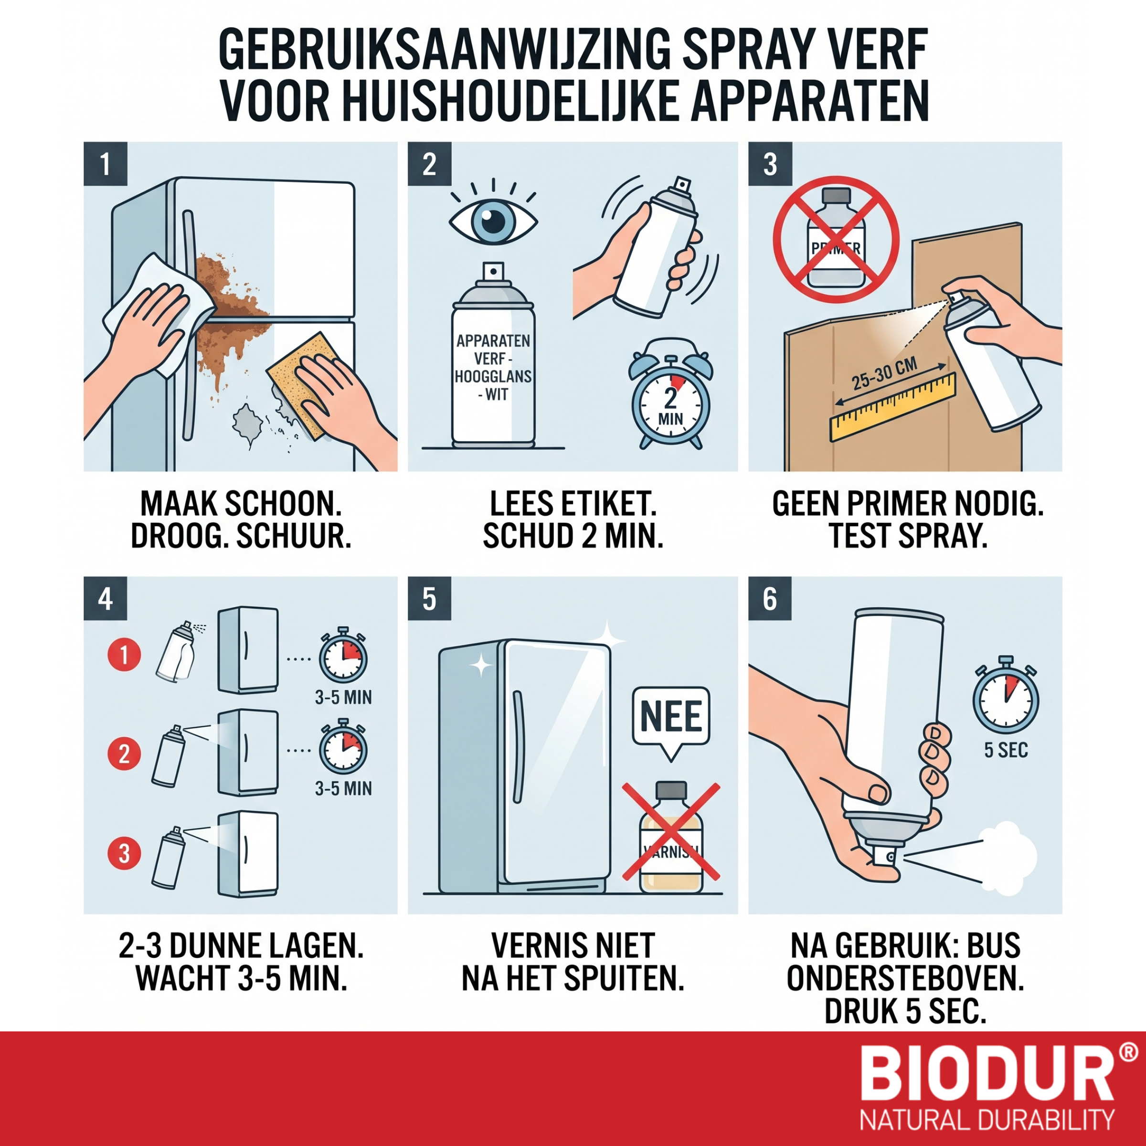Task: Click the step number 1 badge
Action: pos(106,164)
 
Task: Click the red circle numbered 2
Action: pos(124,754)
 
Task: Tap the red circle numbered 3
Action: pos(124,854)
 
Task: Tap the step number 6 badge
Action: pos(770,598)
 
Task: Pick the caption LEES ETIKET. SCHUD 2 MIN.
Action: pos(573,520)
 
